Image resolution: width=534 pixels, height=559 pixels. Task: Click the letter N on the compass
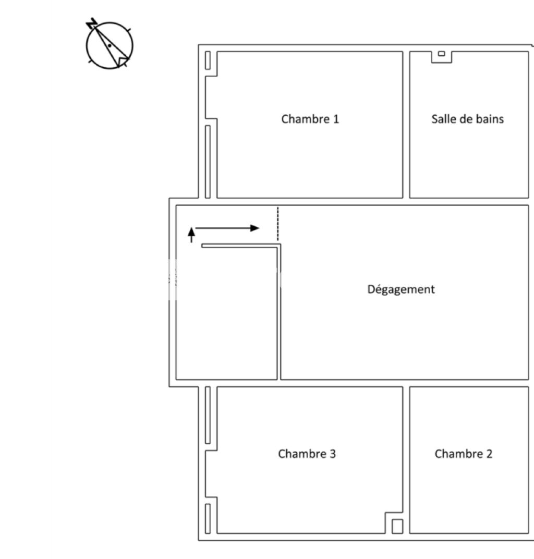92,23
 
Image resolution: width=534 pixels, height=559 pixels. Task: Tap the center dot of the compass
110,46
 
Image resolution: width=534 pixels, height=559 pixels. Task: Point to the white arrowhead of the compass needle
122,62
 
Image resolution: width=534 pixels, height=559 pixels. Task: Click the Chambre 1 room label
310,119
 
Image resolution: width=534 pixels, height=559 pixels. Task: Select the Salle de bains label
467,119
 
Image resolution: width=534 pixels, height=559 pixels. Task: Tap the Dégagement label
401,289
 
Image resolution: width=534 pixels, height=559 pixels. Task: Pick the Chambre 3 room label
307,454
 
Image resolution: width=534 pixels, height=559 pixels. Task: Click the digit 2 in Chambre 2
489,454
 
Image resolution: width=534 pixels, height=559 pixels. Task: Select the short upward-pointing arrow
191,235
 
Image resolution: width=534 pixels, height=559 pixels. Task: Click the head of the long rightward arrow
254,228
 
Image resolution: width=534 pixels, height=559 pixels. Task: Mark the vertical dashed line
278,224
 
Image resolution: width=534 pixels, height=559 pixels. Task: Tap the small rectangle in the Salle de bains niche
441,54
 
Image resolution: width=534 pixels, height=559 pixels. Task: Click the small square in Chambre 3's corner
397,526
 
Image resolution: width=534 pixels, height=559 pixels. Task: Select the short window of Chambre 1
208,60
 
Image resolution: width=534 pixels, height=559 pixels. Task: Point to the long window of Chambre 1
208,162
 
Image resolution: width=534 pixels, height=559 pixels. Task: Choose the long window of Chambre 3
208,415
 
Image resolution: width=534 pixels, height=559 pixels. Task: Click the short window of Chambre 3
208,518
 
